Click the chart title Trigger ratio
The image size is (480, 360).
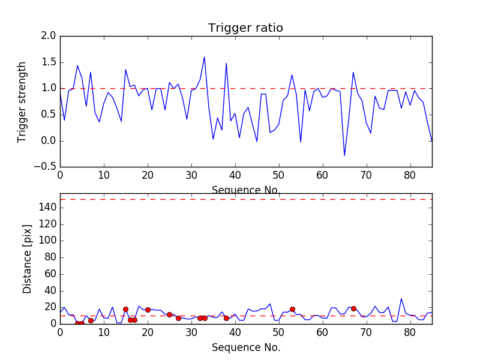click(x=245, y=28)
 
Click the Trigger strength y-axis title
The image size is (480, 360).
click(x=22, y=101)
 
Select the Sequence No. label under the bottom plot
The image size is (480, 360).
click(x=246, y=347)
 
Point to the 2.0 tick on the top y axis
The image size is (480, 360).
click(x=49, y=36)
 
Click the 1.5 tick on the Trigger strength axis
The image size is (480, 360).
click(x=49, y=62)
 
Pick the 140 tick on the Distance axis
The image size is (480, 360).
click(x=47, y=208)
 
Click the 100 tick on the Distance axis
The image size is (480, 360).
click(x=47, y=241)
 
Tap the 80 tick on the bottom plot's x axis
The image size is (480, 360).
click(x=410, y=332)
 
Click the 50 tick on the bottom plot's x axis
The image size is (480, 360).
click(x=279, y=332)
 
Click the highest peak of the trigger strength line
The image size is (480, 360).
click(x=205, y=57)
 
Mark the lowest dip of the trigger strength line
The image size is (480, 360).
click(x=344, y=155)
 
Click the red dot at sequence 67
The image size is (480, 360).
click(x=353, y=308)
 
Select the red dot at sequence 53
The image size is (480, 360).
click(x=292, y=309)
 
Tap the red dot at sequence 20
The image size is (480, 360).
click(x=148, y=310)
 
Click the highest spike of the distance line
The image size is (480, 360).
click(x=401, y=299)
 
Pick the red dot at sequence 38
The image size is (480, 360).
click(x=226, y=318)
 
